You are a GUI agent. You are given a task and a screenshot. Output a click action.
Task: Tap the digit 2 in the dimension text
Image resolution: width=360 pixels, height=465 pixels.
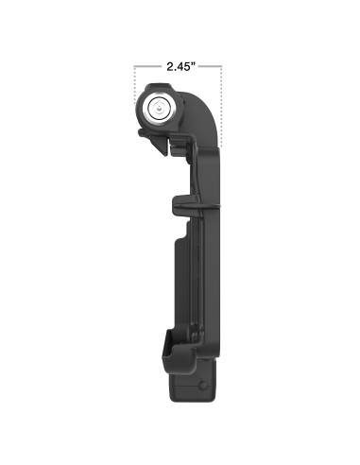167,67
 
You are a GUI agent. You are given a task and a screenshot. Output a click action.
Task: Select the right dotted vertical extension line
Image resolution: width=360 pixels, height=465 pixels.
222,104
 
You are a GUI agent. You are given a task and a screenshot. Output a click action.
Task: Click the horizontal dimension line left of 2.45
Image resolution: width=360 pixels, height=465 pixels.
146,67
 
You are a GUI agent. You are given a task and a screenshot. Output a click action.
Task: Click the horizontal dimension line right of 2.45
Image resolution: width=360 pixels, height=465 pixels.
210,67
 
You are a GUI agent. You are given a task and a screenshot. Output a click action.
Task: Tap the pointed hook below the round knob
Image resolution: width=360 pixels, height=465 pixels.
142,138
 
